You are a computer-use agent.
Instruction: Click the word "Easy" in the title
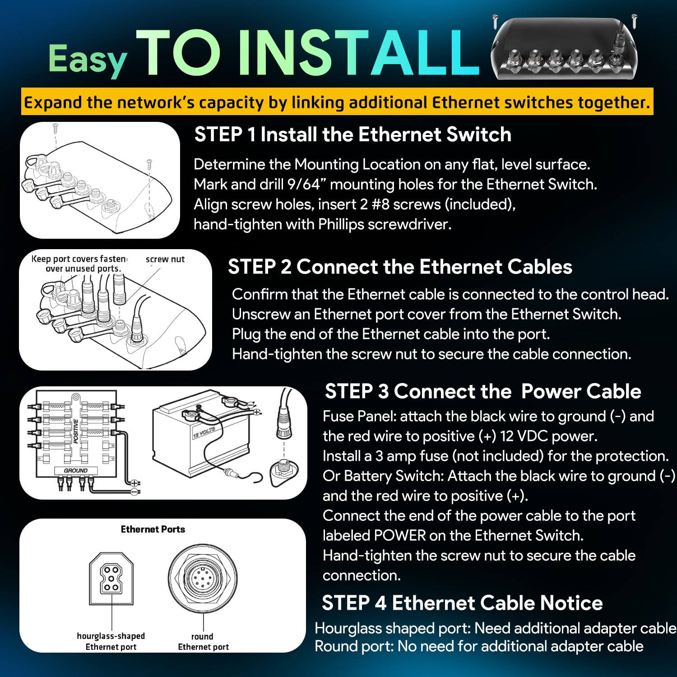pyautogui.click(x=88, y=60)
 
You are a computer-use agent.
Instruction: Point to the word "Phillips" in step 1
pyautogui.click(x=341, y=224)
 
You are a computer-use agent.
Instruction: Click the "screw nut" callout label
pyautogui.click(x=165, y=259)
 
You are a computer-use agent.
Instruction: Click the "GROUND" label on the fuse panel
pyautogui.click(x=75, y=470)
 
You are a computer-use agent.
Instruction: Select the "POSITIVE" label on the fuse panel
pyautogui.click(x=76, y=431)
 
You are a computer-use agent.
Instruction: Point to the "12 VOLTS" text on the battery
pyautogui.click(x=204, y=432)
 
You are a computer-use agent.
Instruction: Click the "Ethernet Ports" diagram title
pyautogui.click(x=153, y=529)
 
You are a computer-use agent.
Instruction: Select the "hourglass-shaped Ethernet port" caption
pyautogui.click(x=111, y=641)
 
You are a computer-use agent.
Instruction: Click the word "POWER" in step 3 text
pyautogui.click(x=400, y=535)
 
